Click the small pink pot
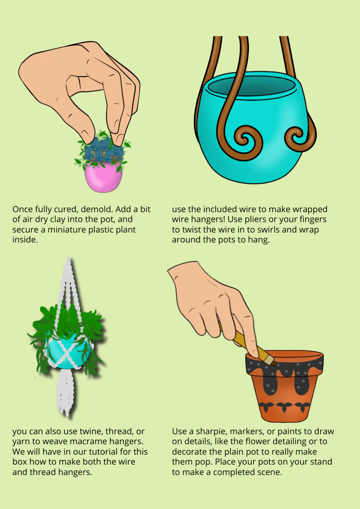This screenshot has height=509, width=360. [x=103, y=177]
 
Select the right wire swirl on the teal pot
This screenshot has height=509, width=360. [x=299, y=136]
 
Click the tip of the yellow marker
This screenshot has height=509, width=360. [x=275, y=363]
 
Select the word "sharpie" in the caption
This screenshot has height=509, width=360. [x=208, y=432]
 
